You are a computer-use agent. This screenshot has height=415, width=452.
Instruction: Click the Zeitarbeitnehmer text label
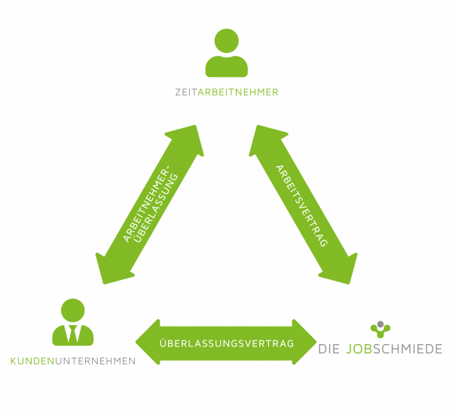[226, 92]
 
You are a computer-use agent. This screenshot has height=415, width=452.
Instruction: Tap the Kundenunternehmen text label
[73, 361]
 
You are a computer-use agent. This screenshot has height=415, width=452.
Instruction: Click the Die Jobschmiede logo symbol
[381, 328]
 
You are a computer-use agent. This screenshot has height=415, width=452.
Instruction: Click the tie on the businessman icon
[72, 334]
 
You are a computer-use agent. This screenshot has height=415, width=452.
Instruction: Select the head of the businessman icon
[72, 309]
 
